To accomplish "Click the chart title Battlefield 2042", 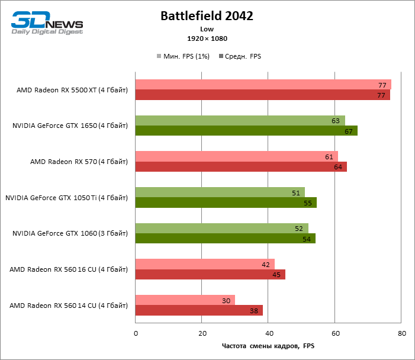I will [207, 17].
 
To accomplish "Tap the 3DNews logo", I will [47, 23].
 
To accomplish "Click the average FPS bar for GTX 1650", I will [246, 131].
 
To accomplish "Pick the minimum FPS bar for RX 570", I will [237, 156].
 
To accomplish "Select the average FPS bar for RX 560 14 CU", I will [199, 310].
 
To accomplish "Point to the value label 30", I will [226, 301].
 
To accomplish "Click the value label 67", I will [349, 131].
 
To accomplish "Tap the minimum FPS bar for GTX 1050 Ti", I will [220, 192].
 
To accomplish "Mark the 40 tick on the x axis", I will [268, 334].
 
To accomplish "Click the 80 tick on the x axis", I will [401, 334].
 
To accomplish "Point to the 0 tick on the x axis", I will [136, 334].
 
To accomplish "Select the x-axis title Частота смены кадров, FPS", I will [268, 346].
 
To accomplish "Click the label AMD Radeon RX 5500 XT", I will [72, 90].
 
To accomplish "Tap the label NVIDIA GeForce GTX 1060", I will [70, 233].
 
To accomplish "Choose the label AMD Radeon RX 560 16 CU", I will [69, 269].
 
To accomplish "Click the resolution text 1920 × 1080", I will [207, 38].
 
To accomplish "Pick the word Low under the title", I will [207, 29].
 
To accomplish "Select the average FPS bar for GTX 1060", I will [226, 239].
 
